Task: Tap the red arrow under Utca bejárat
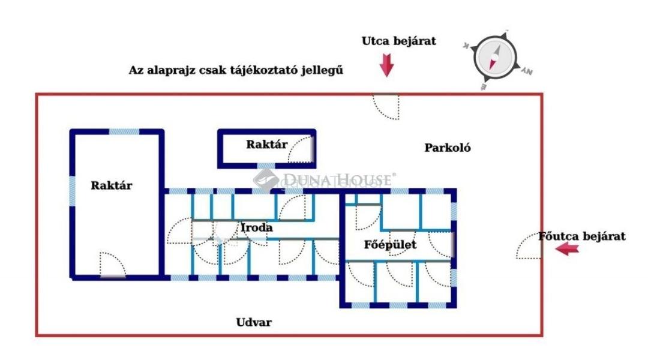pyautogui.click(x=387, y=65)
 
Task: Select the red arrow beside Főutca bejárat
pyautogui.click(x=567, y=249)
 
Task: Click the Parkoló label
pyautogui.click(x=448, y=148)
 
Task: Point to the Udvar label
pyautogui.click(x=254, y=322)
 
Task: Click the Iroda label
pyautogui.click(x=257, y=227)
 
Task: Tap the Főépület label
pyautogui.click(x=390, y=245)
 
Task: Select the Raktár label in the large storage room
pyautogui.click(x=112, y=185)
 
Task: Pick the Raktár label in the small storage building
pyautogui.click(x=266, y=144)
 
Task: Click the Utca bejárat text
pyautogui.click(x=399, y=41)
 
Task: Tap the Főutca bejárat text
pyautogui.click(x=582, y=236)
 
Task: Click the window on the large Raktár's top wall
pyautogui.click(x=124, y=132)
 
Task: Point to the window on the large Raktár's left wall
pyautogui.click(x=73, y=191)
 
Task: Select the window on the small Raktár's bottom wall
pyautogui.click(x=266, y=166)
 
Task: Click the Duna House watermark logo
pyautogui.click(x=324, y=180)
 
